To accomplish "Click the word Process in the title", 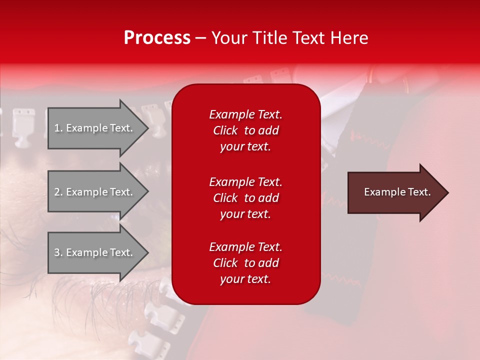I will tap(157, 38).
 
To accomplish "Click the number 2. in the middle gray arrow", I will tap(58, 192).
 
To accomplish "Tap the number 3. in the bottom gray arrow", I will tap(58, 252).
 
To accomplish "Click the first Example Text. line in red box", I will tap(245, 114).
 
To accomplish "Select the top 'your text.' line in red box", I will tap(245, 147).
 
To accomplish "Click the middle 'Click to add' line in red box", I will tap(245, 198).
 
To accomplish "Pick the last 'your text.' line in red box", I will tap(245, 279).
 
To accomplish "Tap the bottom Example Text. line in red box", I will tap(245, 247).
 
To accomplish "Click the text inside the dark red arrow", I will tap(397, 192).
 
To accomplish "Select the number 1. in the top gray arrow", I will tap(58, 128).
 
